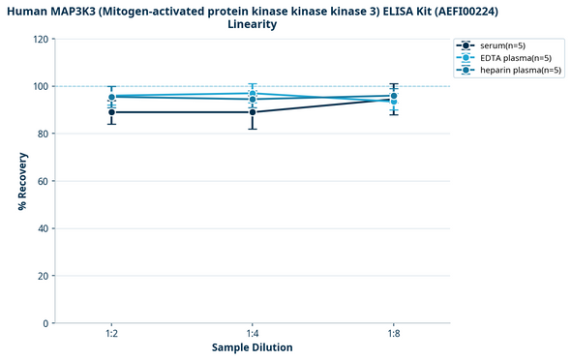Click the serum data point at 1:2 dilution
[112, 112]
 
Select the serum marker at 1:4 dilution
[253, 112]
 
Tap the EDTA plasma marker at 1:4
[253, 93]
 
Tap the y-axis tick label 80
[42, 135]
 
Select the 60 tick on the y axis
[42, 181]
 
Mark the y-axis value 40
[42, 228]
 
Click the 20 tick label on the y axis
[42, 276]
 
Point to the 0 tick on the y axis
[45, 323]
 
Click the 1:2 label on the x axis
[112, 334]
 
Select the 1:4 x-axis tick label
[253, 334]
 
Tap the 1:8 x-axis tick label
[392, 334]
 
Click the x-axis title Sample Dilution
[253, 347]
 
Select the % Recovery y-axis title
[22, 181]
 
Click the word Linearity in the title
[253, 24]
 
